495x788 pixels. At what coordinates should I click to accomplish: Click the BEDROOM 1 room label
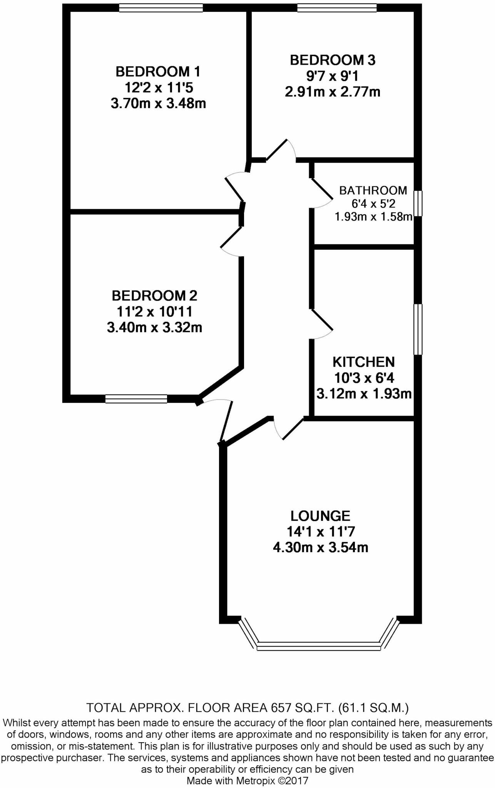tap(158, 72)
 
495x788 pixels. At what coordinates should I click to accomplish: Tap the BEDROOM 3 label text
tap(332, 60)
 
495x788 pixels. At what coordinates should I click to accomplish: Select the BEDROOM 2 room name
tap(154, 295)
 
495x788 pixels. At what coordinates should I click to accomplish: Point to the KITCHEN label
tap(363, 362)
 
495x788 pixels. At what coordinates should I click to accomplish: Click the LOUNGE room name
tap(320, 516)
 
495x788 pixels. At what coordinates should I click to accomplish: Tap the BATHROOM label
tap(373, 190)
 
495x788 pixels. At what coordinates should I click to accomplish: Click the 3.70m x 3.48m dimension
tap(158, 104)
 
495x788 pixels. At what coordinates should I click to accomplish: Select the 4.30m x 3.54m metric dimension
tap(320, 547)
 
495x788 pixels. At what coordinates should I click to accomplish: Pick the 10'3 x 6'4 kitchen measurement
tap(364, 378)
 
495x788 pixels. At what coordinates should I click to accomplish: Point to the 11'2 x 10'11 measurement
tap(154, 312)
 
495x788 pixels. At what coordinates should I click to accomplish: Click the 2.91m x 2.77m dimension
tap(332, 92)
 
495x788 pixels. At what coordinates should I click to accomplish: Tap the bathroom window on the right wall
tap(418, 203)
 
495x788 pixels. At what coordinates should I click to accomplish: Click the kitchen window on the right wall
tap(418, 329)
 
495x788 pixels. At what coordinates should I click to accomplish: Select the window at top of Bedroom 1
tap(161, 7)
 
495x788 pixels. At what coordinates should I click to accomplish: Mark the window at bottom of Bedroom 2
tap(136, 399)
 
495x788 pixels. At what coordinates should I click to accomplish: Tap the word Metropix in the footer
tap(254, 781)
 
